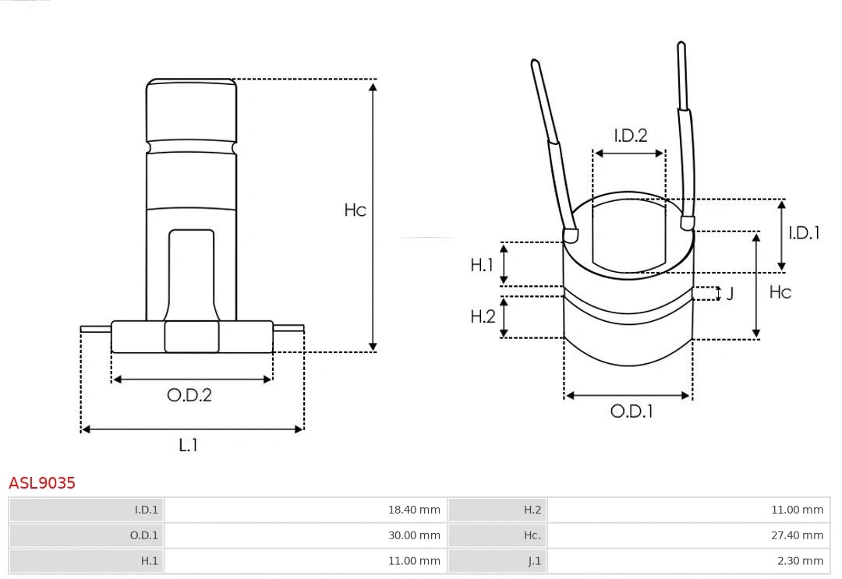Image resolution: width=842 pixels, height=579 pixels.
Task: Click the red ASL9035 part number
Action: tap(42, 483)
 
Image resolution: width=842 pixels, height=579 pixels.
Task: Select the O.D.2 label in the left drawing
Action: tap(189, 395)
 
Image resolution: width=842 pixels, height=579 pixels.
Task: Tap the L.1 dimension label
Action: tap(188, 446)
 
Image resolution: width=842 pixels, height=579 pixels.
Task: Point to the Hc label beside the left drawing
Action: tap(355, 210)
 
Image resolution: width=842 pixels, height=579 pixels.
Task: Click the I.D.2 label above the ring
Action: tap(630, 136)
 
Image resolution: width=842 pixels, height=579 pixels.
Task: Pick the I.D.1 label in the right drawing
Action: tap(804, 233)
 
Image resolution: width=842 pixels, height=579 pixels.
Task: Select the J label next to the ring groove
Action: tap(730, 294)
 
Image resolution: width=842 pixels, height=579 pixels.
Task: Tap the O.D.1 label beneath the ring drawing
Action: tap(631, 411)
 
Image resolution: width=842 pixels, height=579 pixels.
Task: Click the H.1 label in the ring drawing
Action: tap(482, 265)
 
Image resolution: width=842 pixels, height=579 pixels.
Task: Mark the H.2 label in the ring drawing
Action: tap(483, 316)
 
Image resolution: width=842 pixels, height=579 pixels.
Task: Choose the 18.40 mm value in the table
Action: tap(414, 510)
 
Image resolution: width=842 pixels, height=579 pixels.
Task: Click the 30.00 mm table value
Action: tap(414, 535)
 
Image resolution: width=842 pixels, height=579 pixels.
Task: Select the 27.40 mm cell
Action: tap(797, 535)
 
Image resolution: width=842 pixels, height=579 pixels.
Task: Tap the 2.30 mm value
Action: tap(800, 561)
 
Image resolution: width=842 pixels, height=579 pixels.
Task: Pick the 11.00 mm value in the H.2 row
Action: tap(797, 510)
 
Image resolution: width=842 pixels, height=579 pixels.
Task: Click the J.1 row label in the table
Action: tap(534, 561)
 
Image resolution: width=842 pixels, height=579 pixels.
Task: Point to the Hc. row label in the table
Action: tap(532, 535)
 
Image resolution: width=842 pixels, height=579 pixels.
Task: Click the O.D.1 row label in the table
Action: tap(143, 535)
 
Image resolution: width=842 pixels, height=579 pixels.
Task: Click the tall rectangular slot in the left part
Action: tap(191, 273)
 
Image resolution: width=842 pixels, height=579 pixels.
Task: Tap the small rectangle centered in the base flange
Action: tap(192, 337)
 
